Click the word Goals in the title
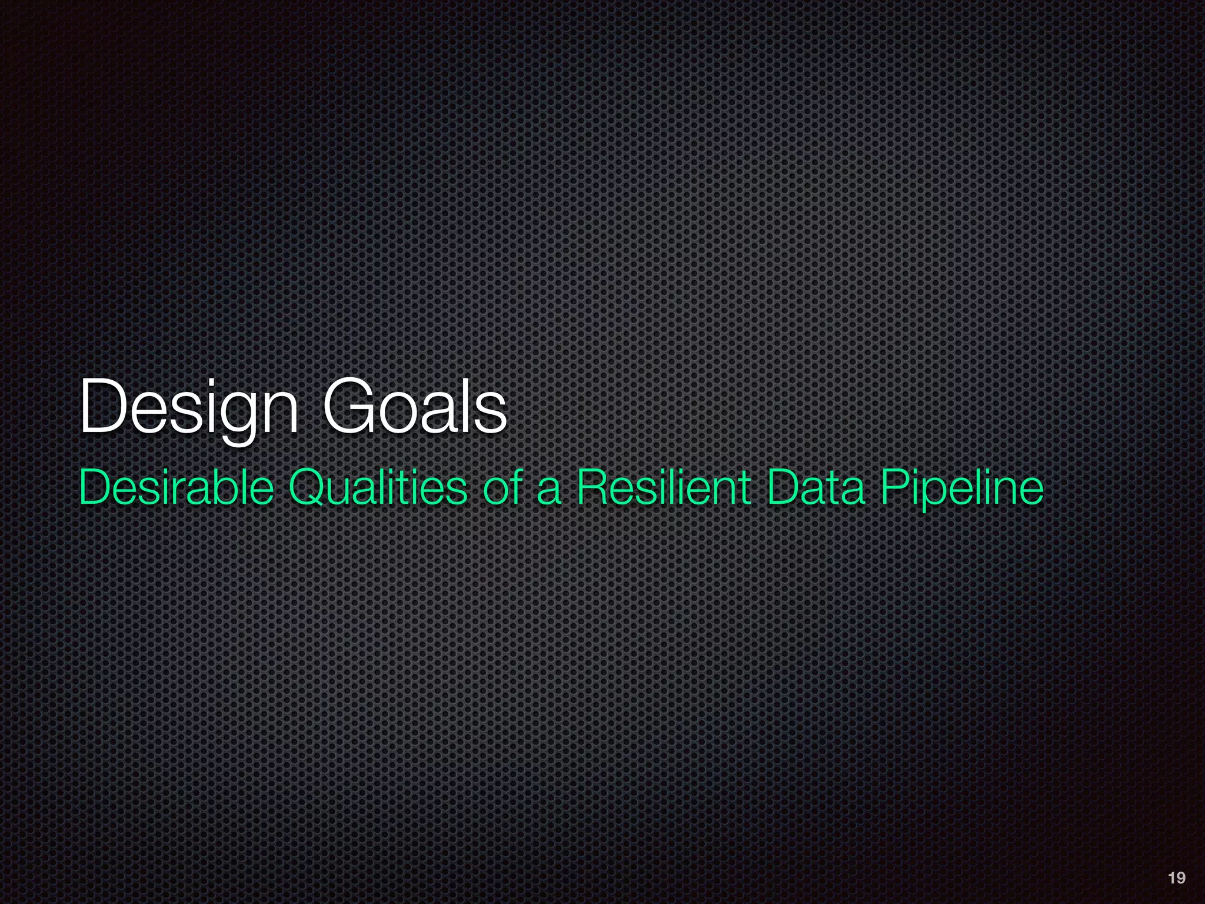(x=415, y=407)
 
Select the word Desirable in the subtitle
(x=177, y=488)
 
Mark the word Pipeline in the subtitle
(x=963, y=488)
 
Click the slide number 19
(x=1176, y=878)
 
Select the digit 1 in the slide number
(x=1171, y=878)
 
